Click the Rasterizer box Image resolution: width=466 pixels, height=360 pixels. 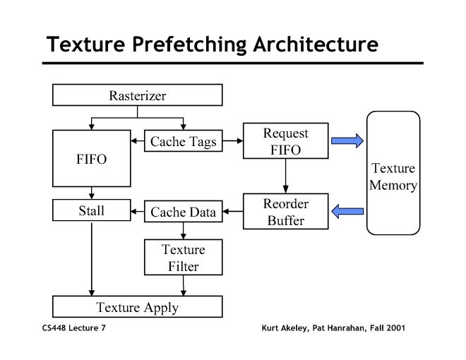(x=138, y=95)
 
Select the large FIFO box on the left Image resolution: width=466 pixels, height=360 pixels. (x=92, y=158)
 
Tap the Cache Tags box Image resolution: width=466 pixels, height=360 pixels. (x=183, y=142)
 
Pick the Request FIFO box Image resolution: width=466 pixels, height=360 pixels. (x=285, y=140)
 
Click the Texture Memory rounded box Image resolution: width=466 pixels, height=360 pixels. (x=393, y=173)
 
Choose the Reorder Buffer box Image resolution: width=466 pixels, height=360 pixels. (x=285, y=211)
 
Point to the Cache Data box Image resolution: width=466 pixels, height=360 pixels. (x=183, y=211)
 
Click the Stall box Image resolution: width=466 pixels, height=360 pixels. (x=92, y=210)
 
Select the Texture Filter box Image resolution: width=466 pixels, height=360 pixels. (x=183, y=258)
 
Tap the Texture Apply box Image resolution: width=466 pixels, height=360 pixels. (x=138, y=307)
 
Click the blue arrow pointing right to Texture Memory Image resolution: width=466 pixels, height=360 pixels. (x=347, y=140)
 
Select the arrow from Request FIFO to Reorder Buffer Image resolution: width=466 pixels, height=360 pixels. (x=285, y=176)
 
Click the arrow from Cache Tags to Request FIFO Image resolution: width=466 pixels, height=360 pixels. (x=232, y=142)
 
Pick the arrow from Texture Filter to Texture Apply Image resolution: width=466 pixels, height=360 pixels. (x=184, y=285)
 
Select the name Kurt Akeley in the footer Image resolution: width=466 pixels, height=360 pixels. (x=283, y=328)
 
